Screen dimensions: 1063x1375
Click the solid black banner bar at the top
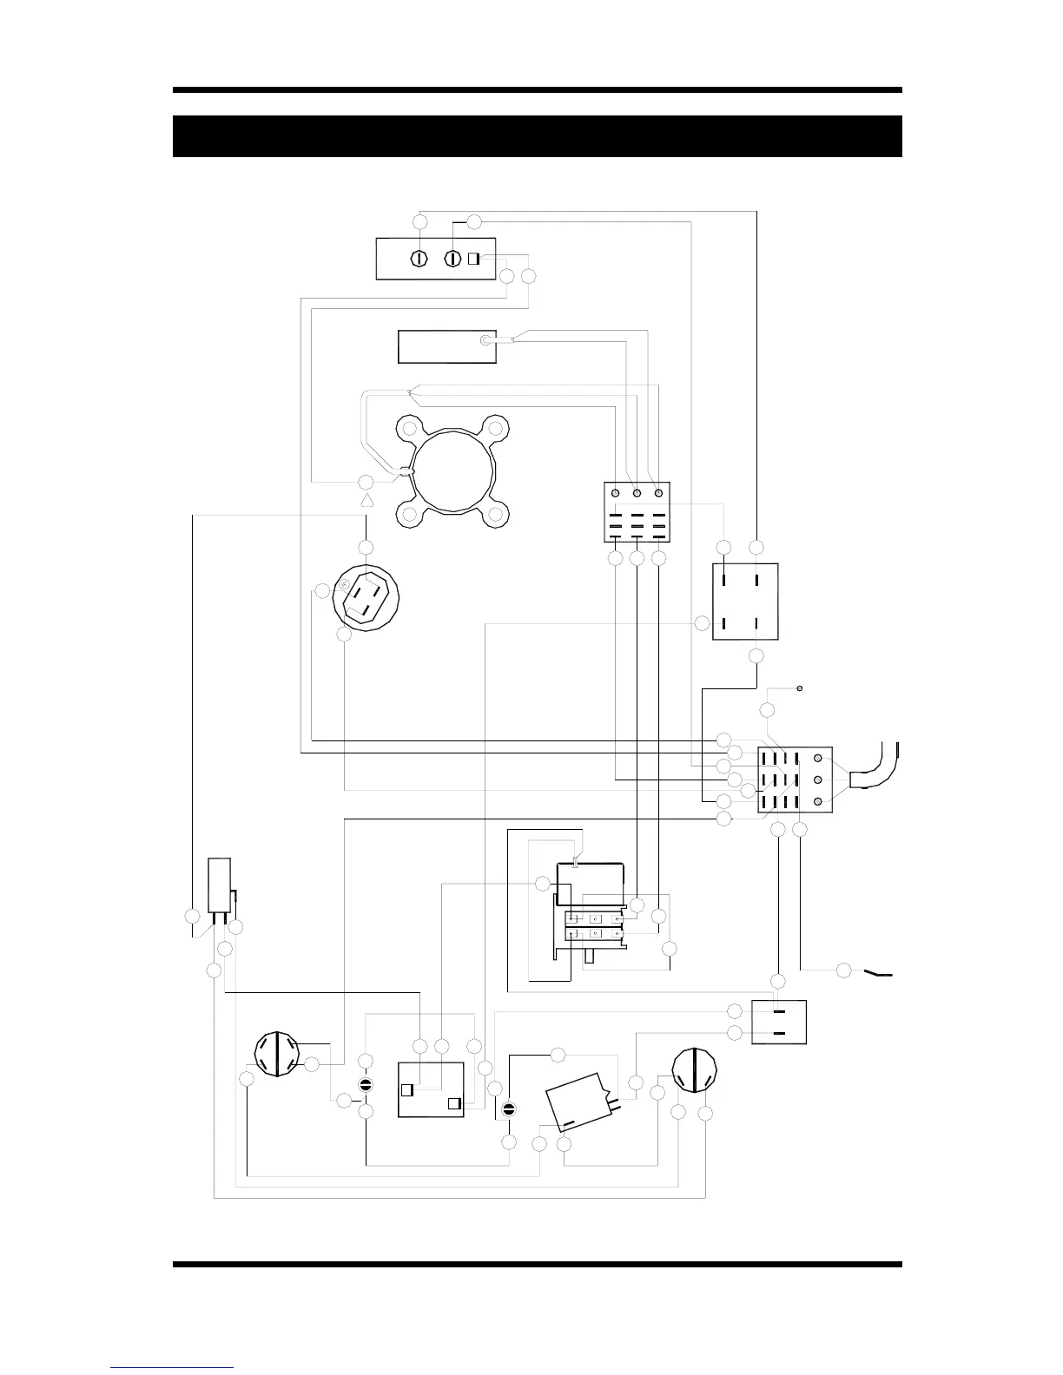tap(537, 136)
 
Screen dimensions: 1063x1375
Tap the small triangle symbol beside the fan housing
tap(366, 502)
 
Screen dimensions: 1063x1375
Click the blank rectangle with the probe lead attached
tap(446, 346)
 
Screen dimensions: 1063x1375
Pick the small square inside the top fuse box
tap(474, 259)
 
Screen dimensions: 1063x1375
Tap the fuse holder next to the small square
tap(452, 259)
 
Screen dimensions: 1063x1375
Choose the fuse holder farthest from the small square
tap(419, 259)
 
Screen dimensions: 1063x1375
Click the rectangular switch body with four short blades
tap(745, 601)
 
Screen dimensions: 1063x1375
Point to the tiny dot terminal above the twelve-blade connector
tap(799, 688)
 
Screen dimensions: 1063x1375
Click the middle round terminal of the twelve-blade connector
tap(818, 780)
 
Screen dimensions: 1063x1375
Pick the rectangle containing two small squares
tap(431, 1089)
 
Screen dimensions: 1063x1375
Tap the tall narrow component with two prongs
tap(219, 885)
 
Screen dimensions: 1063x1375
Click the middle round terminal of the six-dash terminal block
tap(637, 493)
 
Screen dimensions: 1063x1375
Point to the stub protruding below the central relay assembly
tap(589, 957)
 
